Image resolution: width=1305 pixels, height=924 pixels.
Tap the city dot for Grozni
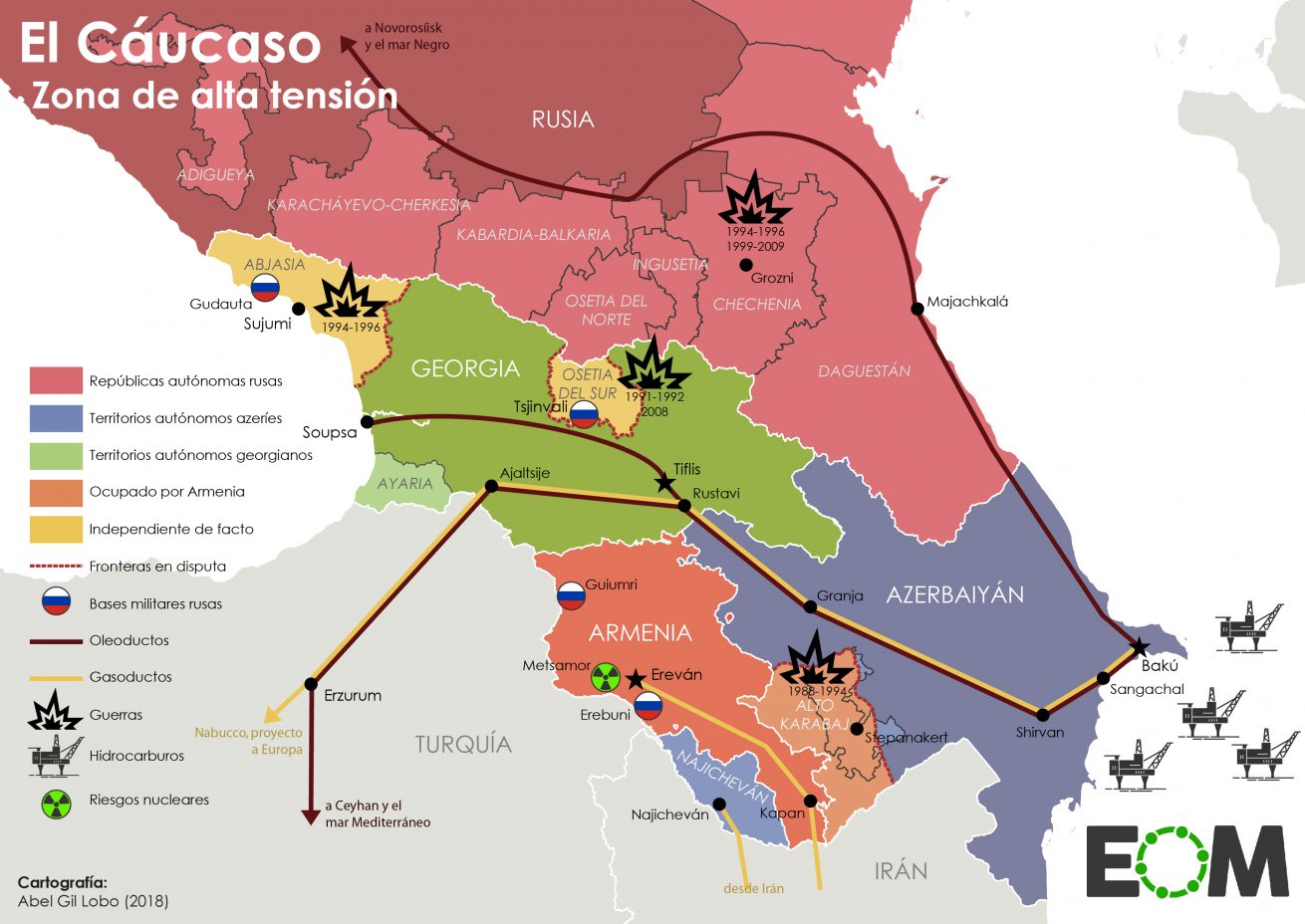(745, 265)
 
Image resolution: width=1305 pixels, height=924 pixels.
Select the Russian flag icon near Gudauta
(265, 288)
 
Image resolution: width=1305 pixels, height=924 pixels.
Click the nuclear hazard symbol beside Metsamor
(605, 678)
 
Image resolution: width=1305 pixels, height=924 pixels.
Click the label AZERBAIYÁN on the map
(954, 594)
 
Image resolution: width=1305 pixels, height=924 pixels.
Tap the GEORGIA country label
(465, 368)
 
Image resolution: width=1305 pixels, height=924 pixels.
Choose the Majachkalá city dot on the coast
(917, 308)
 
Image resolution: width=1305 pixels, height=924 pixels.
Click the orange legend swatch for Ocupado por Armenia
(56, 492)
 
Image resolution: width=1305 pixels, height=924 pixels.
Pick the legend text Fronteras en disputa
(157, 567)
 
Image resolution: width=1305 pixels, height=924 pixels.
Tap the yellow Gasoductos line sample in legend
(56, 677)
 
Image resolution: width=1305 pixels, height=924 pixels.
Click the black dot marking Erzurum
(311, 684)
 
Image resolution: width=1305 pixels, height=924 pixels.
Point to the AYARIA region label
(404, 484)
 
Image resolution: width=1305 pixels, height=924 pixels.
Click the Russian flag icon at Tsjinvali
(584, 414)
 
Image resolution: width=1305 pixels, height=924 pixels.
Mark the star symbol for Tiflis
(663, 482)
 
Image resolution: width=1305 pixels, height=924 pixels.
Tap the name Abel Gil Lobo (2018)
(93, 901)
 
